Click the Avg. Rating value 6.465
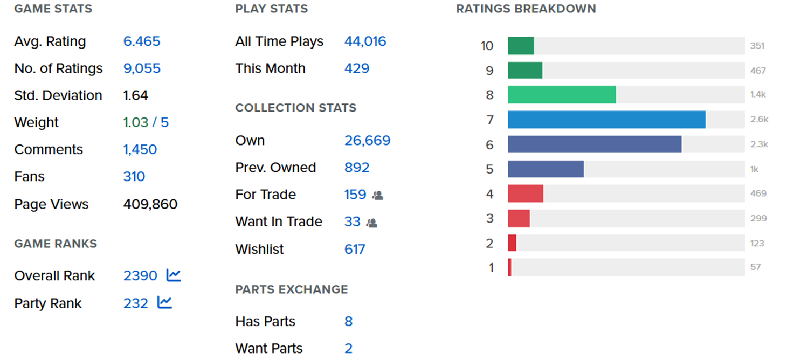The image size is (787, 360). click(x=142, y=41)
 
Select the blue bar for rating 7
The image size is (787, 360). click(x=606, y=120)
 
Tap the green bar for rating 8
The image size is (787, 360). click(x=562, y=95)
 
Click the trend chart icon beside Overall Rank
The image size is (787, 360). click(x=174, y=275)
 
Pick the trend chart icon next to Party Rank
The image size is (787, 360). click(x=164, y=302)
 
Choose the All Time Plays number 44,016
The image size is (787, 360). click(x=365, y=41)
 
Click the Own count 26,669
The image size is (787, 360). click(x=367, y=141)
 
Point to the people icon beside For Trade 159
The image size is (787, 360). click(x=378, y=195)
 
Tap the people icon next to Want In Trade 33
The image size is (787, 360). click(x=372, y=223)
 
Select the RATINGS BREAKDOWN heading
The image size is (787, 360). click(x=526, y=9)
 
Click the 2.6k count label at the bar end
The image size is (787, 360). click(x=760, y=120)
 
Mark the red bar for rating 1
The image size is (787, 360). click(x=510, y=267)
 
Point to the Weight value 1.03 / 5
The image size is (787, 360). click(x=146, y=122)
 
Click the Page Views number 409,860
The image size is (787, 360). click(x=150, y=204)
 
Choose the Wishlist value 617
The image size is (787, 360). click(x=355, y=250)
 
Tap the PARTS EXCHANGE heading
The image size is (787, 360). click(x=291, y=289)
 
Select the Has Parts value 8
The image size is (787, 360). click(x=349, y=321)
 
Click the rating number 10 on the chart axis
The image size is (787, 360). click(x=487, y=46)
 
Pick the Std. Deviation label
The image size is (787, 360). click(x=58, y=95)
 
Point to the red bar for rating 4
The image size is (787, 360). click(x=526, y=193)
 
